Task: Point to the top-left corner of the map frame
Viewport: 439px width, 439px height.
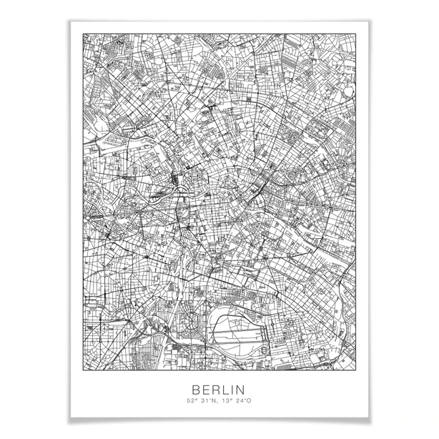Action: click(84, 34)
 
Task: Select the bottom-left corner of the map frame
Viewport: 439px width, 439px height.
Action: click(84, 370)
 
